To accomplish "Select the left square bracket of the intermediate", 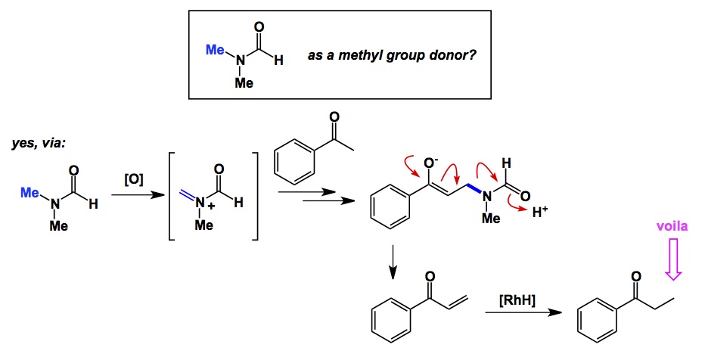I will tap(173, 197).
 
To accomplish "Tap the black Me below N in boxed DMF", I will tap(244, 83).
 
